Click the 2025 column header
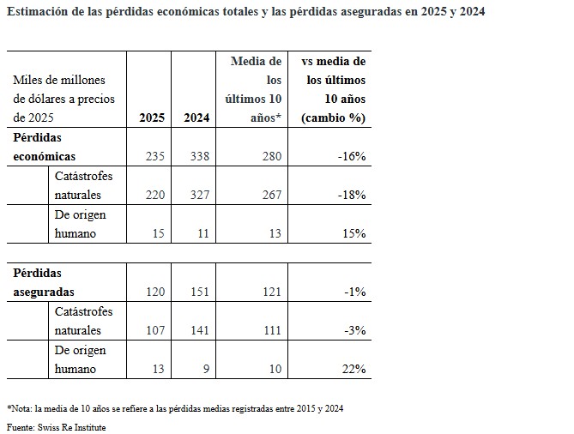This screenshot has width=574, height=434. click(x=152, y=118)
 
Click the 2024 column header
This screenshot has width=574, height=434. click(x=196, y=118)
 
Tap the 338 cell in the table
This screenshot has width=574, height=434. click(x=196, y=157)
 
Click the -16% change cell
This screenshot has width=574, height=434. click(x=351, y=157)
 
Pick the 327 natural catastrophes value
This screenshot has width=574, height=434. click(x=196, y=196)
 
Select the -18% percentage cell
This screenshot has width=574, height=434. click(x=351, y=196)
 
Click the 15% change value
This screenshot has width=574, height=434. click(x=354, y=234)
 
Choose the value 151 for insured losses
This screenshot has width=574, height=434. click(x=196, y=292)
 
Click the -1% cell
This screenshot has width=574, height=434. click(x=354, y=292)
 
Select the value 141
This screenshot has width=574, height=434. click(x=196, y=331)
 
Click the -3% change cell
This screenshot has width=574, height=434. click(x=354, y=331)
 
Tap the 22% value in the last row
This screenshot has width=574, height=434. click(x=354, y=370)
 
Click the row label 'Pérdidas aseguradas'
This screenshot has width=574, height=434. click(x=43, y=283)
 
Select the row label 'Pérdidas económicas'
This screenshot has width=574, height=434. click(x=45, y=148)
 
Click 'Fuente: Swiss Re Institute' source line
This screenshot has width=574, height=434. click(x=57, y=427)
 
